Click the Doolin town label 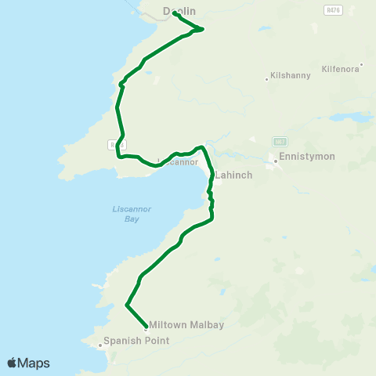pyautogui.click(x=179, y=11)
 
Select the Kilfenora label pyautogui.click(x=340, y=69)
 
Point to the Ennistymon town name pyautogui.click(x=307, y=157)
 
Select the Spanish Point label pyautogui.click(x=131, y=341)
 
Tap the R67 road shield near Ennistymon pyautogui.click(x=280, y=141)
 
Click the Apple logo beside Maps pyautogui.click(x=12, y=363)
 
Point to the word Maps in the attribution pyautogui.click(x=34, y=363)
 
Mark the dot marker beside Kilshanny pyautogui.click(x=266, y=78)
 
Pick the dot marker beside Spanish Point pyautogui.click(x=99, y=344)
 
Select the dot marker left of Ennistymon pyautogui.click(x=275, y=161)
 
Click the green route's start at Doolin pyautogui.click(x=174, y=13)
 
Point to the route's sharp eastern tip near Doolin pyautogui.click(x=202, y=30)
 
